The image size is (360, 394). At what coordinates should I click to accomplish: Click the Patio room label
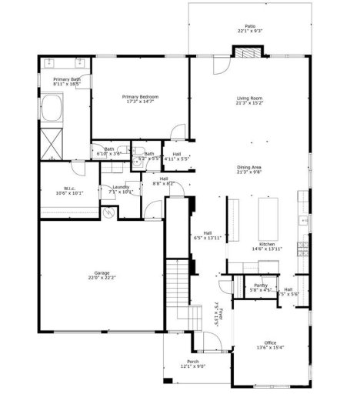[x=249, y=26]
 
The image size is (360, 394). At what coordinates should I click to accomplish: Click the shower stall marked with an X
[x=52, y=142]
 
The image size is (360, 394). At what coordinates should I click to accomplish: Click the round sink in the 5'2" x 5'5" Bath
[x=135, y=162]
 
